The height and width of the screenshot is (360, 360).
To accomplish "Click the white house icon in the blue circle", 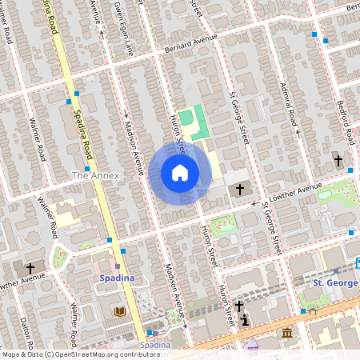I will [180, 172].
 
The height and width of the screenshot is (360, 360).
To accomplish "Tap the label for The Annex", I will [95, 174].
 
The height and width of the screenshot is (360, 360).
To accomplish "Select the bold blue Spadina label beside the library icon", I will [116, 278].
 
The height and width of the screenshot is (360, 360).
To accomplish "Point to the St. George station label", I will [334, 282].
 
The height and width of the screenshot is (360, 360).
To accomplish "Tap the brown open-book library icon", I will [120, 311].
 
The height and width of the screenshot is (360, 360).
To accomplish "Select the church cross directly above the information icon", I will [240, 306].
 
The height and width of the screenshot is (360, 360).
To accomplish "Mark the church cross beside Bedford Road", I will [338, 160].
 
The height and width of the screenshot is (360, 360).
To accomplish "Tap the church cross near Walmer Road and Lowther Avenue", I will [31, 268].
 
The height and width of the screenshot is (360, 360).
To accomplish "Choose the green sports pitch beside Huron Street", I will [186, 118].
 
